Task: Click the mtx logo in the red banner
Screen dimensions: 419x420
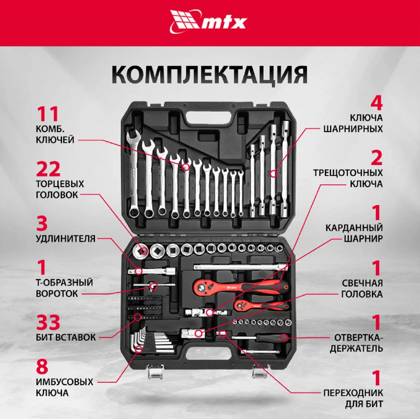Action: tap(208, 22)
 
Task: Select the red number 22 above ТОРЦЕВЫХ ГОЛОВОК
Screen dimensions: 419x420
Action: tap(48, 169)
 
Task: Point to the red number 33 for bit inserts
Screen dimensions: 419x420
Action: tap(48, 322)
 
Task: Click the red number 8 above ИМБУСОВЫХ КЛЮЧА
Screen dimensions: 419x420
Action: tap(42, 367)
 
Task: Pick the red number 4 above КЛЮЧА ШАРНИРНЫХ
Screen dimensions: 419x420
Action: tap(376, 103)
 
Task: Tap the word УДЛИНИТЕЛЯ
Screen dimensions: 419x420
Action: tap(65, 239)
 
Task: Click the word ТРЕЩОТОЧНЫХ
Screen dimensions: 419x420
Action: tap(348, 173)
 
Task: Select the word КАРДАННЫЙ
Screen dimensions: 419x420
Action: tap(354, 228)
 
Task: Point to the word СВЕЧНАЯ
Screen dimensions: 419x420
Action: tap(362, 283)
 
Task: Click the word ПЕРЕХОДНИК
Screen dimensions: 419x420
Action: tap(353, 393)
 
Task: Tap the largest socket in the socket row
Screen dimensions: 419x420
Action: tap(141, 251)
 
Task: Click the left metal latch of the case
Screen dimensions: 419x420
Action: tap(154, 372)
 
